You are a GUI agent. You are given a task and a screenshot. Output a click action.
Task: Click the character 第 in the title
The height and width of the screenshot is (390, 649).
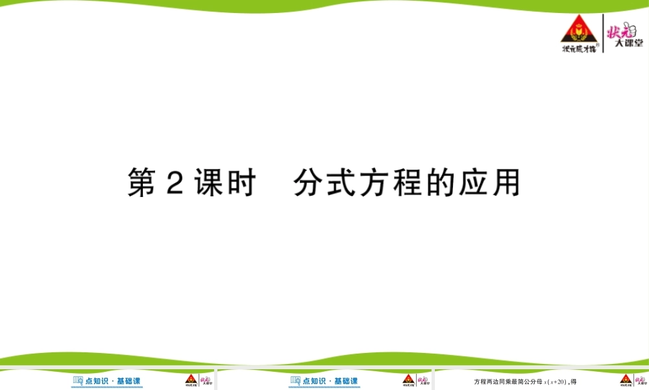tap(142, 183)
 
